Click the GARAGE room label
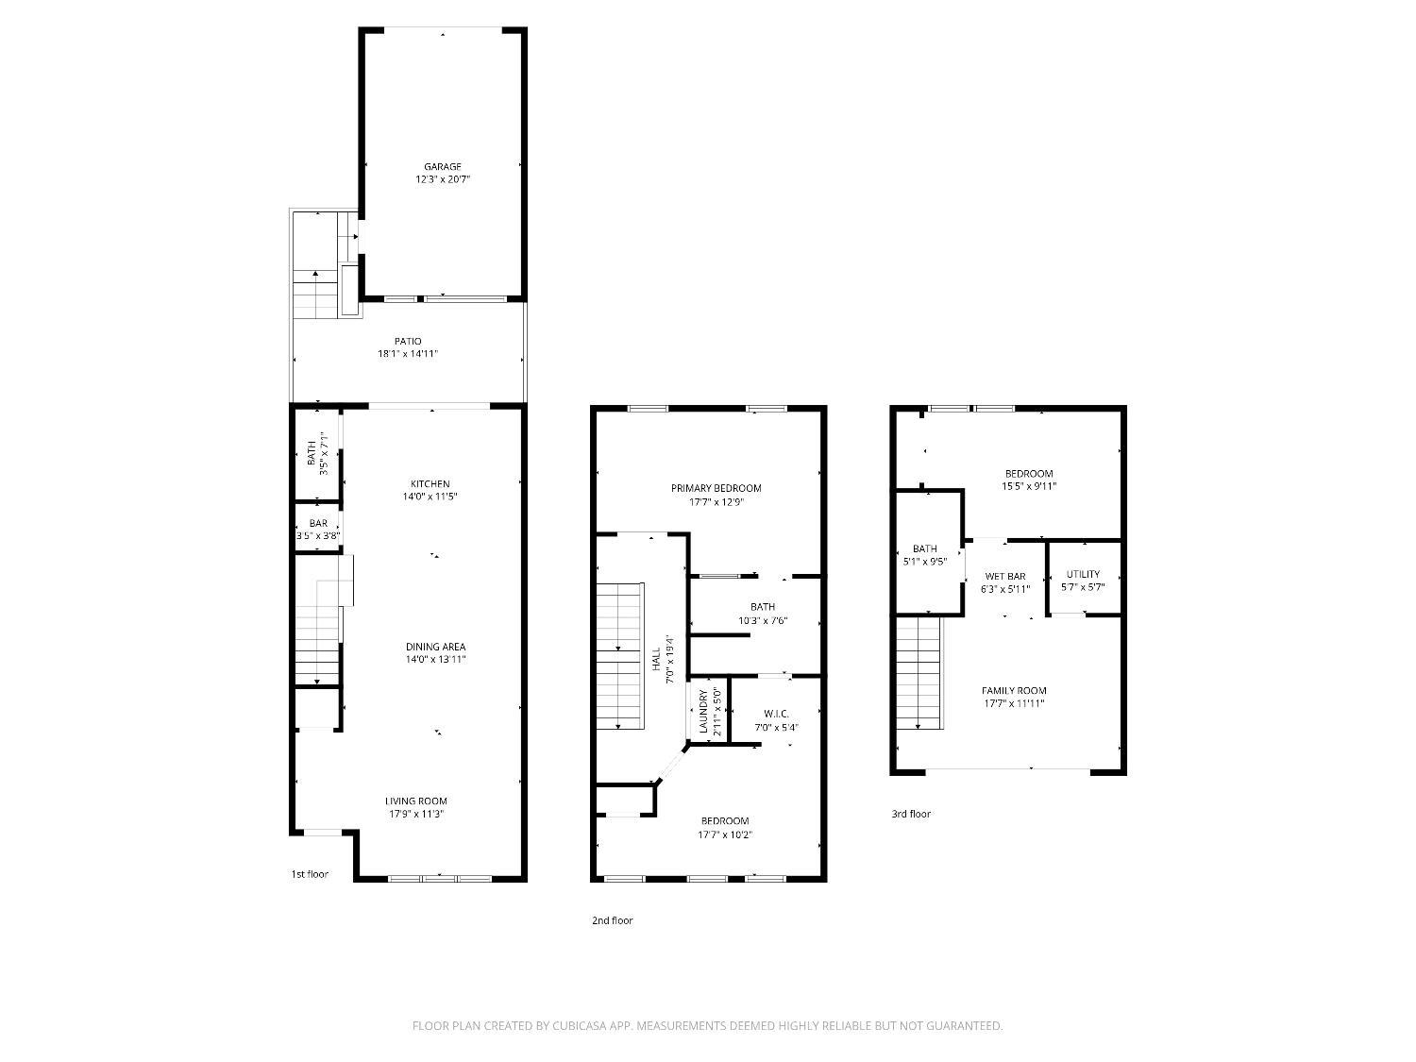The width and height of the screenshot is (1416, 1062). click(x=442, y=167)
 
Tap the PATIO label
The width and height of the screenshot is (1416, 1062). click(x=408, y=341)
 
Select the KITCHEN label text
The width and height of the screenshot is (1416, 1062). click(x=430, y=483)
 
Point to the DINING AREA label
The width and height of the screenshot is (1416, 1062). click(x=435, y=647)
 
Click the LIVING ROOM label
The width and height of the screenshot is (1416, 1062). click(x=415, y=801)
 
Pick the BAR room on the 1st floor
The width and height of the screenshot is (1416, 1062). click(x=317, y=527)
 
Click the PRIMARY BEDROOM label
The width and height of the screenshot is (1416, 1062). click(x=716, y=488)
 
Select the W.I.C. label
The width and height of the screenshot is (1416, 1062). click(x=775, y=714)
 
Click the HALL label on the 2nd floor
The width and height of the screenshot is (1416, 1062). click(x=656, y=659)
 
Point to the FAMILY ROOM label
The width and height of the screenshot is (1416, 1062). click(x=1014, y=691)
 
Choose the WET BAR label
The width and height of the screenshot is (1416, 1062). click(x=1004, y=577)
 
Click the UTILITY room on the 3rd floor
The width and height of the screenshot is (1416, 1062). click(x=1083, y=579)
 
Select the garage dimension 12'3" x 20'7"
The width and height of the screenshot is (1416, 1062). click(x=442, y=179)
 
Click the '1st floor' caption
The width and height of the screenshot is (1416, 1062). click(x=310, y=874)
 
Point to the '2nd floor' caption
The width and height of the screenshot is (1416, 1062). click(x=612, y=920)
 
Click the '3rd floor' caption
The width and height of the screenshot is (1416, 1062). click(x=911, y=814)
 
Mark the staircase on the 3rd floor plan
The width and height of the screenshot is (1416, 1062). click(x=919, y=672)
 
